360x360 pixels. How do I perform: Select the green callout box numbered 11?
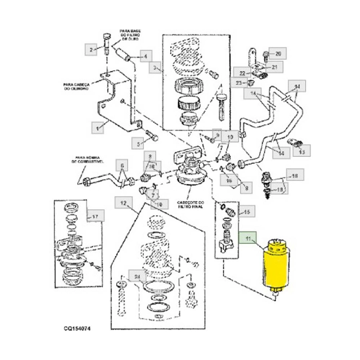[249, 239]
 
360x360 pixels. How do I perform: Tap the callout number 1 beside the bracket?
[95, 125]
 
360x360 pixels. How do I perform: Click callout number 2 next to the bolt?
[92, 50]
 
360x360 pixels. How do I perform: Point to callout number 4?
[145, 57]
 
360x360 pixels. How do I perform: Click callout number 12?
[122, 204]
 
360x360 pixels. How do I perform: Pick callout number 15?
[246, 211]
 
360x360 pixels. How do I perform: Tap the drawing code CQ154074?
[81, 327]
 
